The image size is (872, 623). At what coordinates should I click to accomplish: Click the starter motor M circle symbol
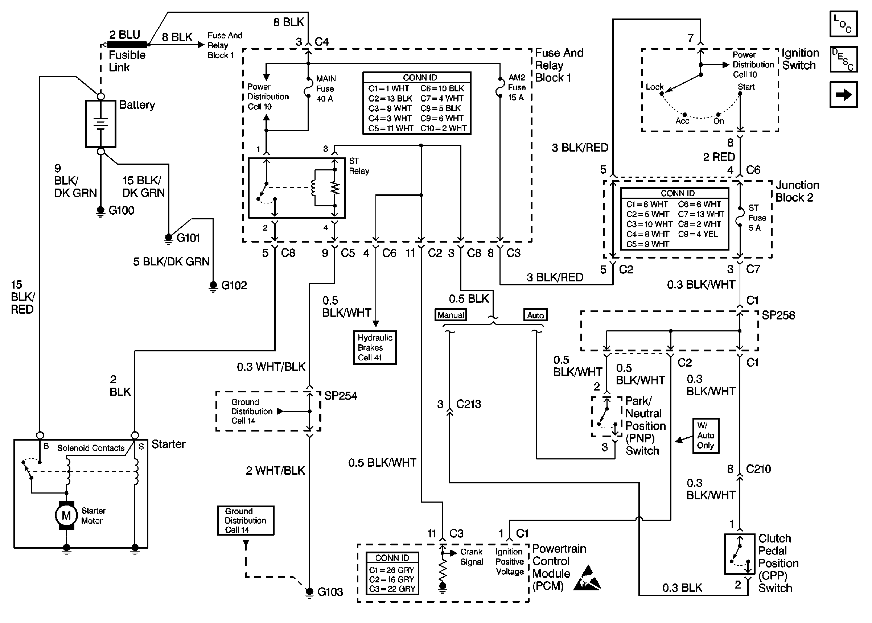coord(66,515)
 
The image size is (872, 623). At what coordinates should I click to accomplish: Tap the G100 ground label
coord(121,211)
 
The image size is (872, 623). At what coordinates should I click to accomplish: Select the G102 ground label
coord(234,285)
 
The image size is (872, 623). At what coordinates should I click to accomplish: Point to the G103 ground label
coord(330,592)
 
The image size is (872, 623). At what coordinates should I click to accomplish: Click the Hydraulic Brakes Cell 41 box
coord(375,347)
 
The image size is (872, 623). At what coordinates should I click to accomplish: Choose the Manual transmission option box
coord(451,315)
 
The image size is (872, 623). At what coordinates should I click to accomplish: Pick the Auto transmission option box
coord(535,315)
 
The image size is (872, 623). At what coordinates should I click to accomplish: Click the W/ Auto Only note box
coord(706,436)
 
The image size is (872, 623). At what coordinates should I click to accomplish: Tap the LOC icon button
coord(843,24)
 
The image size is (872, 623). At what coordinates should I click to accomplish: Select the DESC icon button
coord(843,59)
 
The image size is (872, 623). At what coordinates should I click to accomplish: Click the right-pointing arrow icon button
coord(843,95)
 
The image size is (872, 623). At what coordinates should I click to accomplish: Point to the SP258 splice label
coord(778,315)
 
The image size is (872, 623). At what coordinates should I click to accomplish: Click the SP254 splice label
coord(341,396)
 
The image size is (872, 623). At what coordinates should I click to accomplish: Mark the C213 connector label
coord(468,404)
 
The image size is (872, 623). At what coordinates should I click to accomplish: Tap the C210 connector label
coord(758,469)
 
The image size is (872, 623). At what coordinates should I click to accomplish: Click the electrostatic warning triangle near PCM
coord(587,578)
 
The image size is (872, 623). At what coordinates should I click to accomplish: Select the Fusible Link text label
coord(127,61)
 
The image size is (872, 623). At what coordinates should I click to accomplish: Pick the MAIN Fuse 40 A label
coord(325,88)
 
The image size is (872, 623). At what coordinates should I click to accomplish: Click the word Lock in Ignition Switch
coord(654,87)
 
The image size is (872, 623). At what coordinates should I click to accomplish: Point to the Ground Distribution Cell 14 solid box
coord(246,520)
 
